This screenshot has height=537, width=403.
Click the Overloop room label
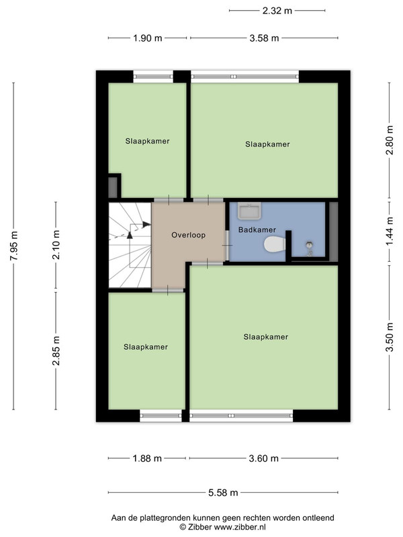point(189,235)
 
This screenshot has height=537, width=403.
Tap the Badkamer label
point(257,230)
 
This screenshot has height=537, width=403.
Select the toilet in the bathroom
point(275,244)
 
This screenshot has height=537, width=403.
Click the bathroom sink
point(249,211)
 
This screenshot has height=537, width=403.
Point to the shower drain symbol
point(310,244)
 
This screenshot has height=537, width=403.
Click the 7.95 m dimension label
point(13,246)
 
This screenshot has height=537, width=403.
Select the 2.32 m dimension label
point(277,11)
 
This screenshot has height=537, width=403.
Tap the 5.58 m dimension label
point(223,493)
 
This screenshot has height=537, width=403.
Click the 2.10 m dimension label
point(56,244)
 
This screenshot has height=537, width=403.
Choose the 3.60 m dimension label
point(263,458)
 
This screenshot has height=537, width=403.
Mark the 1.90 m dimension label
point(147,38)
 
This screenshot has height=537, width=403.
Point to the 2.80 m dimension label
point(390,140)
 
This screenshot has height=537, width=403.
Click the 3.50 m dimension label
point(390,338)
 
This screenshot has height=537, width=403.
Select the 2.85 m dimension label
point(56,350)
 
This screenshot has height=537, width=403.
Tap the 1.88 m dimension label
point(147,458)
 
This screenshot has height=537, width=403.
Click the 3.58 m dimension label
point(264,38)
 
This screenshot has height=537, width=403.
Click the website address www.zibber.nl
point(240,527)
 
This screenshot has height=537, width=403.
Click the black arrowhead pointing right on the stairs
point(147,224)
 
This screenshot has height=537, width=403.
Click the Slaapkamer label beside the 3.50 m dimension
point(265,337)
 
